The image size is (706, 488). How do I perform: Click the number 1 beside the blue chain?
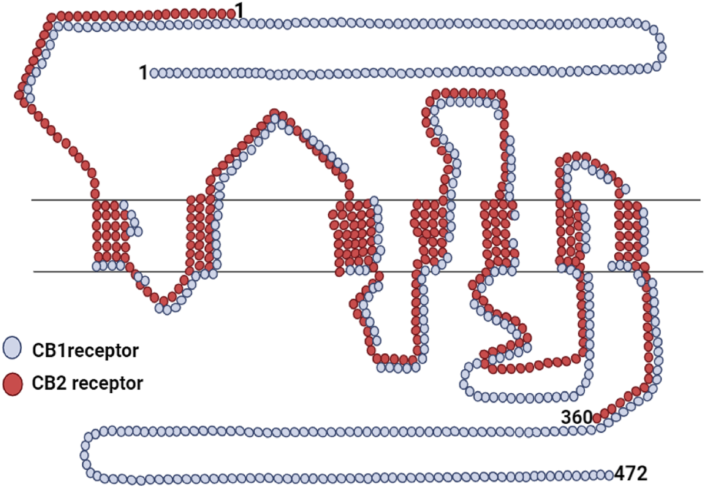click(x=143, y=72)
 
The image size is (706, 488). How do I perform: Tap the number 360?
click(x=576, y=417)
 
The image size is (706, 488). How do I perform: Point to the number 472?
click(x=631, y=472)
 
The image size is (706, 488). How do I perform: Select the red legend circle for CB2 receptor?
click(x=12, y=384)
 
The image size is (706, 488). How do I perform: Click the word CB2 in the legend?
click(x=46, y=384)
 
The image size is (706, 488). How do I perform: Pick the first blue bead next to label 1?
click(x=155, y=73)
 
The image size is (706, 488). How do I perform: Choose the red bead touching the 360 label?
click(x=598, y=417)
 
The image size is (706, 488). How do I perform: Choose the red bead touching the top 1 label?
click(x=230, y=13)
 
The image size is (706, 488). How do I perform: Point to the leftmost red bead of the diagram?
click(x=20, y=94)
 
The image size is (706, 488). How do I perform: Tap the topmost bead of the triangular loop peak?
click(x=274, y=114)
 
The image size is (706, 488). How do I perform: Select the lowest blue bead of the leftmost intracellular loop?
click(x=167, y=310)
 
